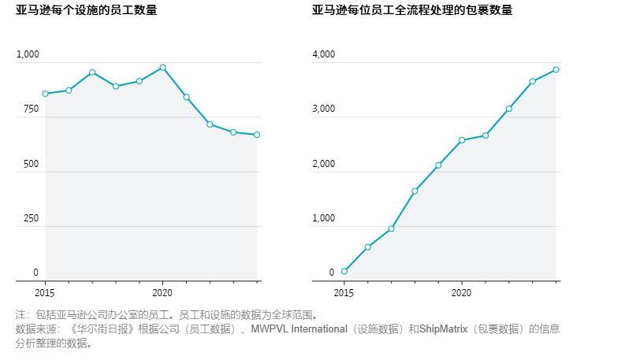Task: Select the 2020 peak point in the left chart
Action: [162, 68]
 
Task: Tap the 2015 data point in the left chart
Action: [45, 94]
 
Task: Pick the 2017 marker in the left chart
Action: [92, 72]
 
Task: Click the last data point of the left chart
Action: [257, 135]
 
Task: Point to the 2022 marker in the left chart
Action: [210, 124]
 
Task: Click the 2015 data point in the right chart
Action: [344, 272]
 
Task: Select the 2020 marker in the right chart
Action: [462, 140]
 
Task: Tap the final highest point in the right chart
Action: [556, 69]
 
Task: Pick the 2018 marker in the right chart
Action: [415, 191]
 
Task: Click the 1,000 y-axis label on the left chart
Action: [28, 55]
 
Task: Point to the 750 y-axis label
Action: [31, 109]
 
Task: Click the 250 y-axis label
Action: [31, 218]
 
